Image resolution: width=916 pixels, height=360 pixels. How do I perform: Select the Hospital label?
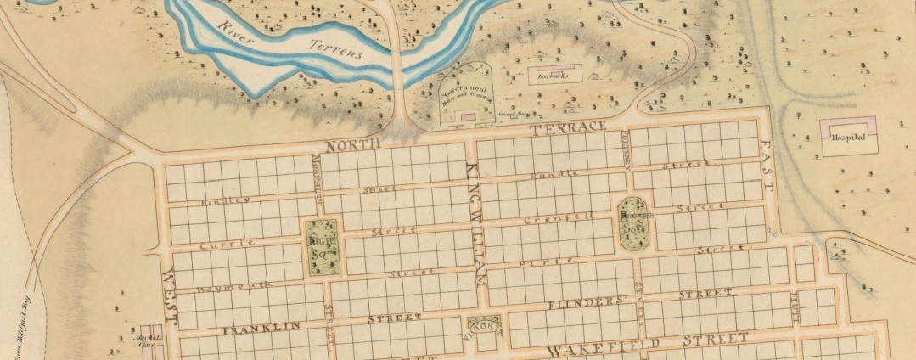point(847,138)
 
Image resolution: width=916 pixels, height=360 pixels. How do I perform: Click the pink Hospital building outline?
point(846,125)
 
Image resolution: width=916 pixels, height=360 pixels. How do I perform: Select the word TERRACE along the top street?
point(568,127)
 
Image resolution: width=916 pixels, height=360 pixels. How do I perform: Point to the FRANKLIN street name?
point(250,328)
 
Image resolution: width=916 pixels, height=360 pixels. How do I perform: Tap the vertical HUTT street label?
point(795,303)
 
